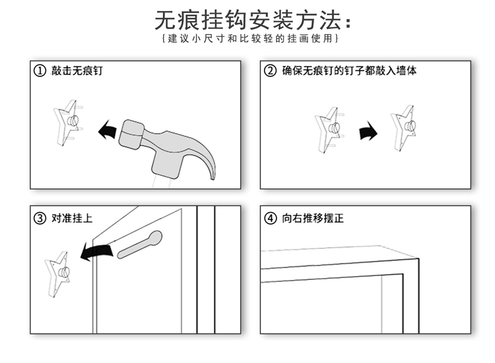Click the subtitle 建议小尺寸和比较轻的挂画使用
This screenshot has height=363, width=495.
point(250,39)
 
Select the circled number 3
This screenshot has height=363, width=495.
point(40,219)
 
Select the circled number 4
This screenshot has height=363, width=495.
point(270,219)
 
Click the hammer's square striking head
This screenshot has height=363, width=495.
point(131,134)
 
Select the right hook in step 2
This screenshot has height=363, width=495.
point(404,126)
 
